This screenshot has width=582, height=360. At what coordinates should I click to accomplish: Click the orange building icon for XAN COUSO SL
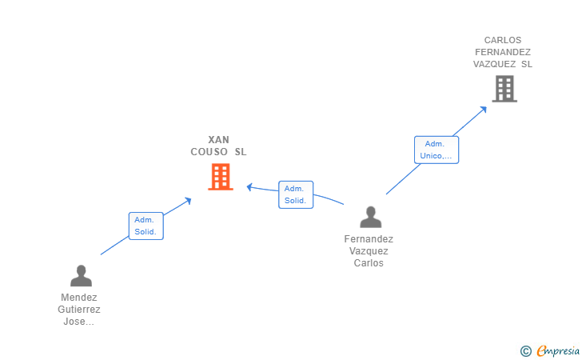coord(221,177)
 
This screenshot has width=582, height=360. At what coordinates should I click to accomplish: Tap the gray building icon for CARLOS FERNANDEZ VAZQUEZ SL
coord(504,89)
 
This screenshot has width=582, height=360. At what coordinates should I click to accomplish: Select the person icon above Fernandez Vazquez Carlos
coord(370,217)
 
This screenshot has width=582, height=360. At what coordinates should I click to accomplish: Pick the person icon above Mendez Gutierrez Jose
coord(81,276)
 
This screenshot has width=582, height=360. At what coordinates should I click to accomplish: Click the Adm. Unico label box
coord(436,150)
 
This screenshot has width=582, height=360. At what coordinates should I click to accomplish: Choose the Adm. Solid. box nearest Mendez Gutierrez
coord(145,226)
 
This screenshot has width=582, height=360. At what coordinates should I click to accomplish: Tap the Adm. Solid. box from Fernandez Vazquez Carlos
coord(296,194)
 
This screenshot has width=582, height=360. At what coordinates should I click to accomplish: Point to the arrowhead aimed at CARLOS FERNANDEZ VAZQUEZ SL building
coord(483,110)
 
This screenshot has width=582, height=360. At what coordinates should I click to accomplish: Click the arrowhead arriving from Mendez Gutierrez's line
coord(188,201)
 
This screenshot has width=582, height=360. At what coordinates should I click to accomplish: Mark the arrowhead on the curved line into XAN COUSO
coord(249,187)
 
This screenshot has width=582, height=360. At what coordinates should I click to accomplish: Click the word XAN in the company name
coord(218,140)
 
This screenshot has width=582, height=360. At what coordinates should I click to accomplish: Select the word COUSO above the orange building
coord(209,151)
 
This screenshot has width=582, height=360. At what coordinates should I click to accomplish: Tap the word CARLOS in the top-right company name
coord(503,40)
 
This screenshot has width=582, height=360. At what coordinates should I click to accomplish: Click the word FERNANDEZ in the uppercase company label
coord(503,52)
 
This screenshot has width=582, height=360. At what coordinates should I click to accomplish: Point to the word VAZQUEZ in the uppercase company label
coord(494,64)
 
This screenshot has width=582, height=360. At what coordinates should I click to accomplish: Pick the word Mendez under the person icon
coord(79,298)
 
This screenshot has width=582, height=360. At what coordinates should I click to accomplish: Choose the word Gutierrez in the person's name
coord(79,310)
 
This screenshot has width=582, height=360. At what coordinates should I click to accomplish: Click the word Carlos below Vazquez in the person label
coord(369,263)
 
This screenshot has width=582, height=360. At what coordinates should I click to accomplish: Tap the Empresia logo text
coord(558,350)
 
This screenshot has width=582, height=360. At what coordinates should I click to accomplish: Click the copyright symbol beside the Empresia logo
coord(526,351)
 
